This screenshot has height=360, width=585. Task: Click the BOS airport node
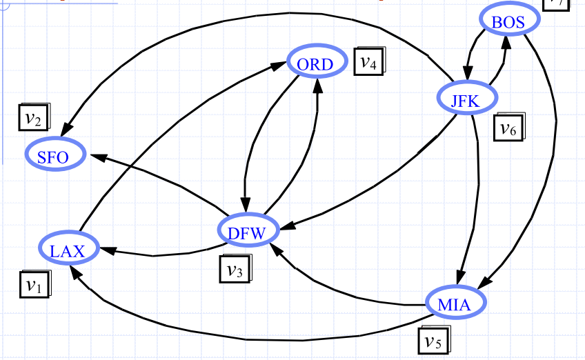click(508, 22)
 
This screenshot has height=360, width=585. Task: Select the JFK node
click(465, 99)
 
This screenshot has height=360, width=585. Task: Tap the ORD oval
click(315, 64)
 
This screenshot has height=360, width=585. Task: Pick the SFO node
click(54, 156)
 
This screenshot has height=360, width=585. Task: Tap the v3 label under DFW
click(235, 270)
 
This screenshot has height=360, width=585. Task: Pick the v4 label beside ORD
click(368, 62)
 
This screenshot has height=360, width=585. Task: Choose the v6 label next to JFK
click(509, 128)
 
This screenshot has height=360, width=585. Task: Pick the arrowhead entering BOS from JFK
click(506, 42)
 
